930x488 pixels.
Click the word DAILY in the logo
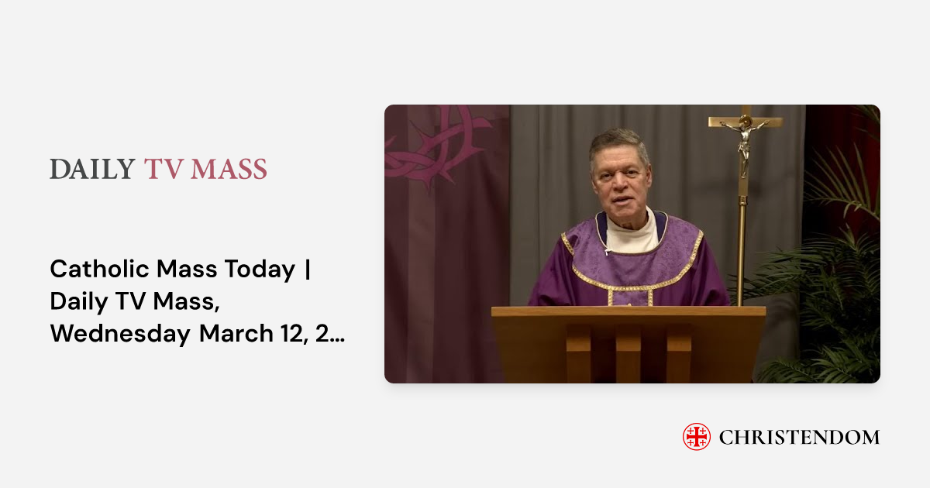point(92,169)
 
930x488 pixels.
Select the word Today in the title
point(260,270)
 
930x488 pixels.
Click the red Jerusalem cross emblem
point(696,437)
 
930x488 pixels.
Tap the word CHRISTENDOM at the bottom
point(799,437)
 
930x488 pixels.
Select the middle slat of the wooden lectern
point(629,352)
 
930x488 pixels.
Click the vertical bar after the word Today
point(308,270)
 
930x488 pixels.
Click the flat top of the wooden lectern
point(628,311)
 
